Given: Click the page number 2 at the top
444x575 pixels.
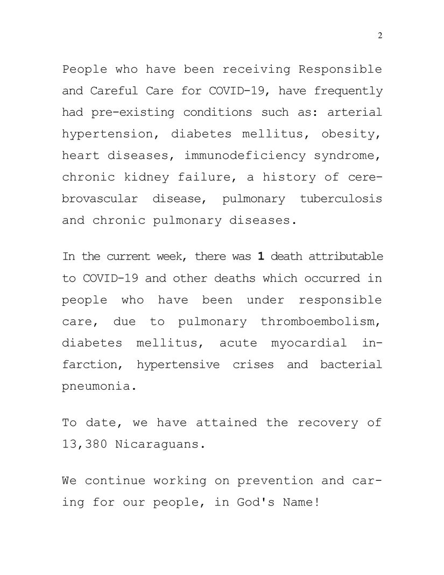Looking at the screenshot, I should coord(380,36).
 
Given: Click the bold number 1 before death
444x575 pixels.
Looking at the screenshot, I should coord(260,257).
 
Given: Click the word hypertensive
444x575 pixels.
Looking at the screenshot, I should coord(178,364).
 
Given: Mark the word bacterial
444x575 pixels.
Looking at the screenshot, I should coord(351,364).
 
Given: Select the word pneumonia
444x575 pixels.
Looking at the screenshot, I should coord(96,387).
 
